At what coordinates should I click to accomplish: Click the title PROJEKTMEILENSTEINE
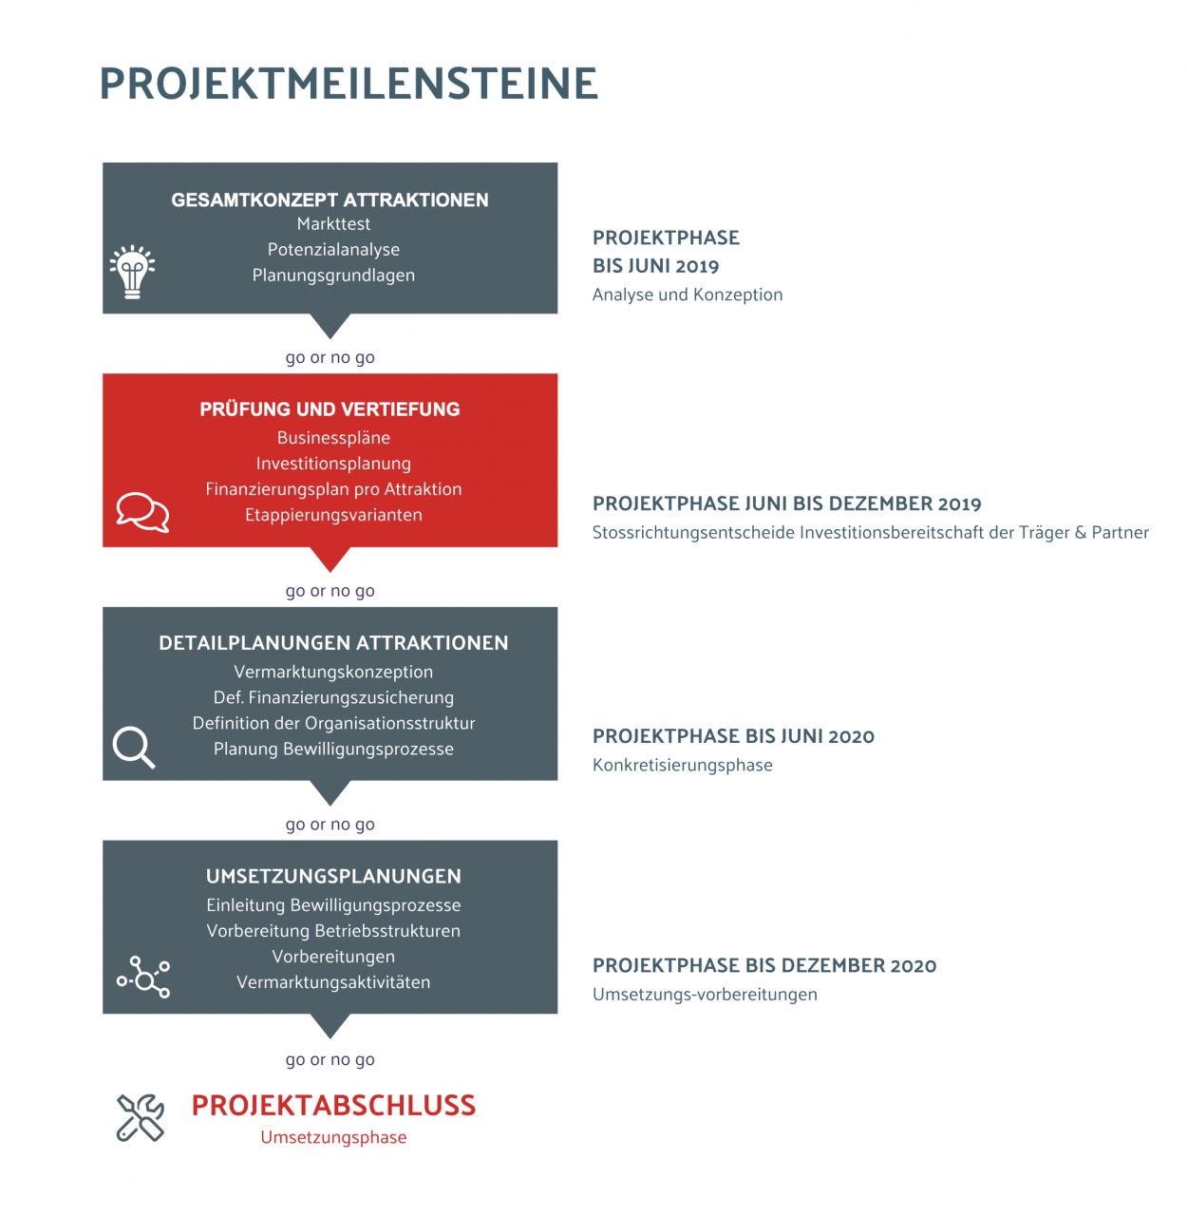click(349, 84)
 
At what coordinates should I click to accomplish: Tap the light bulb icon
click(133, 272)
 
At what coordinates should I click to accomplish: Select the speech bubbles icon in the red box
click(142, 512)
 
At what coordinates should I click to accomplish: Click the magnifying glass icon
click(134, 747)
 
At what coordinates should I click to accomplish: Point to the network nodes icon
click(143, 978)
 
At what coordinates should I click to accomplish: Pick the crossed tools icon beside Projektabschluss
click(141, 1117)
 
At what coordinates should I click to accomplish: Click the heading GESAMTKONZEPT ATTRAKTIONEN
click(330, 199)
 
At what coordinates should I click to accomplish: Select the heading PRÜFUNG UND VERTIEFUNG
click(330, 409)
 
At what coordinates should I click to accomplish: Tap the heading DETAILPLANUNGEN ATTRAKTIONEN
click(333, 643)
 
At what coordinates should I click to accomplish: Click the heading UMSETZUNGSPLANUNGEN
click(333, 876)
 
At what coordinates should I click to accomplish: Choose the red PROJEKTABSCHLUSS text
click(333, 1105)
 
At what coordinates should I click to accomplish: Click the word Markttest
click(333, 224)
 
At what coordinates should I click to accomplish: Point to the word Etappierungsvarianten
click(333, 515)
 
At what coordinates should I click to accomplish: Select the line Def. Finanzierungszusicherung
click(333, 697)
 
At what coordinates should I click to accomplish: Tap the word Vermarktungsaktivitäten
click(333, 982)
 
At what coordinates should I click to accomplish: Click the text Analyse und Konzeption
click(688, 294)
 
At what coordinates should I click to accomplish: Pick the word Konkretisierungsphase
click(682, 765)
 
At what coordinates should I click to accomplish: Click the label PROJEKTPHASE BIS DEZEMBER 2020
click(764, 965)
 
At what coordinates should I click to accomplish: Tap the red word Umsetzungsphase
click(333, 1137)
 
